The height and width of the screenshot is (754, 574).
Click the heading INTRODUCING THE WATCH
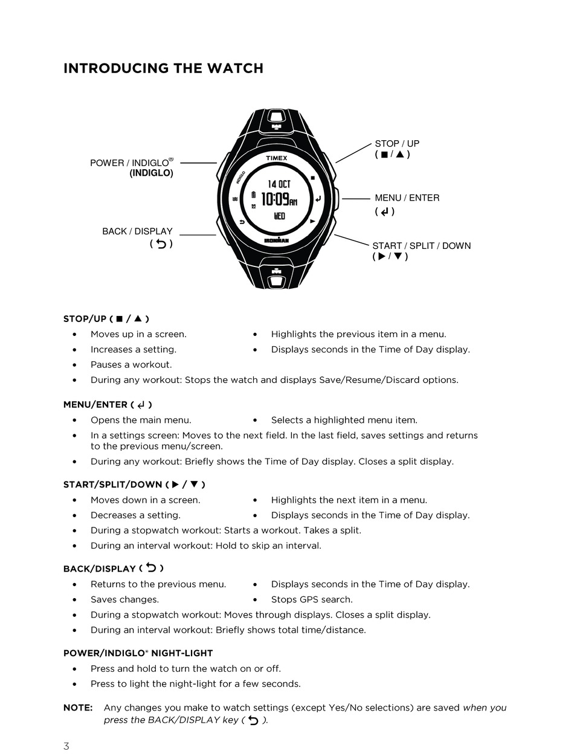163,68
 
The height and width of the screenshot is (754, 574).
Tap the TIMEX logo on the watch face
277,158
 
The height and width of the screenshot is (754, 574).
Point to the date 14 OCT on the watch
279,184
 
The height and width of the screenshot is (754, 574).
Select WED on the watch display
279,216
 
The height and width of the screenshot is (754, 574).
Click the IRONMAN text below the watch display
277,240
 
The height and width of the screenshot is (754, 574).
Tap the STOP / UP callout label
396,144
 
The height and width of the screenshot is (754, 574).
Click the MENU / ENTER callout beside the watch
407,198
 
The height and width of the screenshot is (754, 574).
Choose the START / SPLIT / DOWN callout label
421,246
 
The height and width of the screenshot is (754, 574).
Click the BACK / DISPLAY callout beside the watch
137,231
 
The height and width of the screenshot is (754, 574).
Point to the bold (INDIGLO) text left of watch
151,173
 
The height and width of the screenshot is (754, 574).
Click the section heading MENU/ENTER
95,405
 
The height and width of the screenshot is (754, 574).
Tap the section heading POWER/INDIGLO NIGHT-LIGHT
138,653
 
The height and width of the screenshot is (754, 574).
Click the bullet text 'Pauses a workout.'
131,365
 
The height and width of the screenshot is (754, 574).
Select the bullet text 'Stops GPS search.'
312,600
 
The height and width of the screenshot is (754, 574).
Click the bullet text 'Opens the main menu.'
141,420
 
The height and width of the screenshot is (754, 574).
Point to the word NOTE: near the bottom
77,707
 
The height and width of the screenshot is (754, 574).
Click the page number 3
66,746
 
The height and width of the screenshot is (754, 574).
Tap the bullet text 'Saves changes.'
124,600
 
